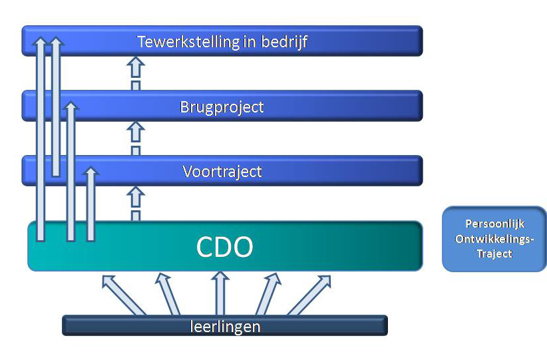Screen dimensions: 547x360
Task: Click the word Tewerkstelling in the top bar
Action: click(x=189, y=42)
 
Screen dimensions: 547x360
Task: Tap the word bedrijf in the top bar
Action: click(x=284, y=43)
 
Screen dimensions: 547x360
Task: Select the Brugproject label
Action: click(x=222, y=107)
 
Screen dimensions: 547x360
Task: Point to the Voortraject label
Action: click(x=222, y=172)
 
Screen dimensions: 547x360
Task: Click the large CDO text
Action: click(x=225, y=247)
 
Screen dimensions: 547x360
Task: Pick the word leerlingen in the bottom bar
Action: click(x=226, y=327)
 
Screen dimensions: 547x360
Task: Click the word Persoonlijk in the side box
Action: click(x=494, y=224)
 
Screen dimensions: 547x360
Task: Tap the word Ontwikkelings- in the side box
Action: click(x=494, y=239)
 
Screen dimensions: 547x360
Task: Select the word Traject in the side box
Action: click(x=494, y=254)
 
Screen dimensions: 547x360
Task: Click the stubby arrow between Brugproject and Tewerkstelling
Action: click(x=136, y=73)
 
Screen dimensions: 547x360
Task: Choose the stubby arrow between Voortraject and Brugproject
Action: click(x=136, y=138)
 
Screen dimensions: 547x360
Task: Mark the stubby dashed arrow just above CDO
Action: click(x=136, y=204)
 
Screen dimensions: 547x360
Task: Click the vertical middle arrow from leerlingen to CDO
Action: click(x=220, y=293)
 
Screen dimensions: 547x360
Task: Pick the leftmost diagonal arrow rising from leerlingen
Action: click(x=123, y=295)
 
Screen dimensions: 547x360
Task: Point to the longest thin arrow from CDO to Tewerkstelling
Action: click(x=41, y=139)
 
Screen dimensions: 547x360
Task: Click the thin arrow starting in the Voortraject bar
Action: click(x=56, y=106)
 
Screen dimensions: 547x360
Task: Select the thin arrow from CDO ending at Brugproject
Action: click(x=71, y=171)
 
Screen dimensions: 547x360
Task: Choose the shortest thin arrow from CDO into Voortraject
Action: click(x=91, y=204)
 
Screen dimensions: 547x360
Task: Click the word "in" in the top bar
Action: click(x=250, y=42)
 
